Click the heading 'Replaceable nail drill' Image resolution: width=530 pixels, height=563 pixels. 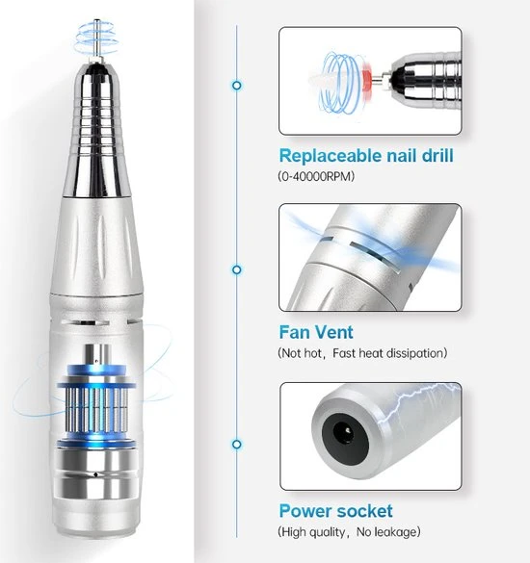tap(366, 156)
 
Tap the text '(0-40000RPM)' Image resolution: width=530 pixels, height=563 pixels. tap(316, 176)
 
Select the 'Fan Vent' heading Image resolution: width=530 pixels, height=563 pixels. tap(316, 332)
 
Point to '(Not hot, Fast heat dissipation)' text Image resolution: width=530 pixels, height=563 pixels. tap(362, 353)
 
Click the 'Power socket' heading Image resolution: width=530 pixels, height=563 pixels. tap(336, 511)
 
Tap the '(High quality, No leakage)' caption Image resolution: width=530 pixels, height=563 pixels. tap(349, 532)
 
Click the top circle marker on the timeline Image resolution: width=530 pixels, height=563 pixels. tap(237, 86)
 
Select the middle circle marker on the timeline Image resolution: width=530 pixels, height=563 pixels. tap(237, 269)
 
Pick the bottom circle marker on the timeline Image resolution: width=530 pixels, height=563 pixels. tap(237, 445)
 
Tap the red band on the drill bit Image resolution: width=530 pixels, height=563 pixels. tap(367, 80)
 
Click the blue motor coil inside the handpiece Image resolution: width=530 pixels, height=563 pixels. tap(96, 407)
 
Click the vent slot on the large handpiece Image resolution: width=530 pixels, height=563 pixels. tap(85, 322)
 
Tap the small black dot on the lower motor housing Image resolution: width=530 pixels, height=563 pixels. tap(96, 474)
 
